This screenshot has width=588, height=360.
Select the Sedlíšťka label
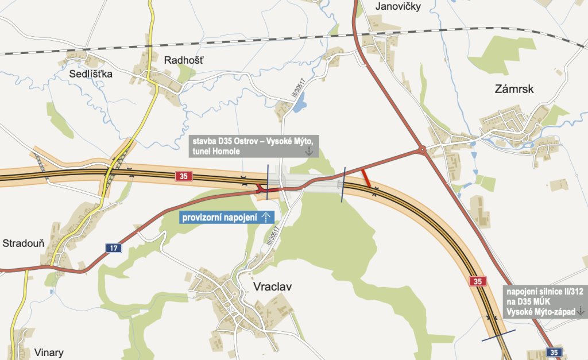pos(91,73)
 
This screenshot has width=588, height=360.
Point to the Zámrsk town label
pos(514,88)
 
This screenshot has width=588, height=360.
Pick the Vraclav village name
pos(272,286)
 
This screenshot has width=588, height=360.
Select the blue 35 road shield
pos(554,352)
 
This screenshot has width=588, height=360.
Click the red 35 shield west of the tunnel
pos(183,176)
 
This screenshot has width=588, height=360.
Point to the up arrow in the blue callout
pos(266,217)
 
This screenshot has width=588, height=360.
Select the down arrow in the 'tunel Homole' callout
pos(308,152)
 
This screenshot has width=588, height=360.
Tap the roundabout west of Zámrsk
pos(422,150)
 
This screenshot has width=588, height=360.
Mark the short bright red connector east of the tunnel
pos(366,178)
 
